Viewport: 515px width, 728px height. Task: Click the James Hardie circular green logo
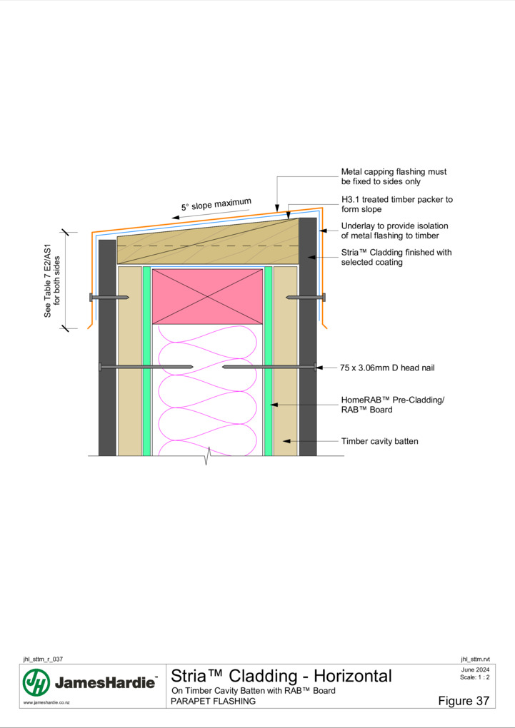36,682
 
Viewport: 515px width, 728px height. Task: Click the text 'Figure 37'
464,701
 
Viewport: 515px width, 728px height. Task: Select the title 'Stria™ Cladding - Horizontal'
281,675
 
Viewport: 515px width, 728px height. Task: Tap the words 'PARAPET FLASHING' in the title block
213,701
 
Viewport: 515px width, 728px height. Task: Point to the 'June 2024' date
475,669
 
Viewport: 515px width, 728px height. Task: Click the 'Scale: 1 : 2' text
474,677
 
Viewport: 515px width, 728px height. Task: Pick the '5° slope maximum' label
216,204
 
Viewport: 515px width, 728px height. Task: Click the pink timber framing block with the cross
207,296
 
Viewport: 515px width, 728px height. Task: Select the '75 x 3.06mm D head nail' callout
387,368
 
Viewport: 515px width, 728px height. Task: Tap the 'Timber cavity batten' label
379,441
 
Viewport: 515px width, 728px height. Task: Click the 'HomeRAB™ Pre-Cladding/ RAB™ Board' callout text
392,405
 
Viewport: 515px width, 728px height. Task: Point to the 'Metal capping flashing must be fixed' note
394,176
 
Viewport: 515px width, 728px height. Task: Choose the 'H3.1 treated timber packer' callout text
396,204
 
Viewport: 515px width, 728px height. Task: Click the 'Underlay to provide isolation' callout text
394,231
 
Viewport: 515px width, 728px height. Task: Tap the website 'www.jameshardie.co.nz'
46,702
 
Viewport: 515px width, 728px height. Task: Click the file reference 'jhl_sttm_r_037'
43,659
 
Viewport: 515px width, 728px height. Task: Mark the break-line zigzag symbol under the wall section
207,455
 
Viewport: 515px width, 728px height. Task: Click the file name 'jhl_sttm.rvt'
475,659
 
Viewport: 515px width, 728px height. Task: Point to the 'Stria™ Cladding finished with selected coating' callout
396,257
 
